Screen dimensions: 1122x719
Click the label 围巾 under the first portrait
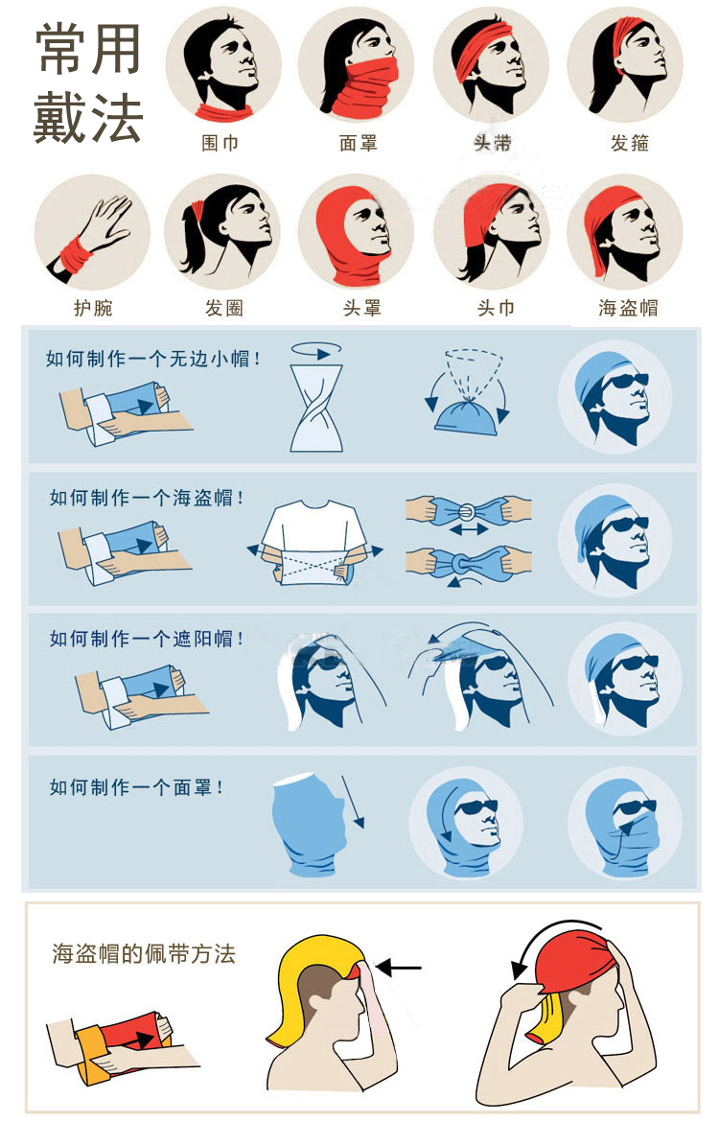click(x=220, y=143)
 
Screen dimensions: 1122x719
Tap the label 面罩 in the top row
click(x=358, y=143)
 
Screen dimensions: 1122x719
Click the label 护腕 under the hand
click(x=93, y=308)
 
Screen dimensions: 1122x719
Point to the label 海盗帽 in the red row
click(x=628, y=308)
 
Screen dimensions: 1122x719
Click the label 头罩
click(x=361, y=308)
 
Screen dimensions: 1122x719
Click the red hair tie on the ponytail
click(x=198, y=208)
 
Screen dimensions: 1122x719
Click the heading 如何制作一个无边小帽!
click(x=153, y=359)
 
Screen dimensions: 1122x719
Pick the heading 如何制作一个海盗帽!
click(x=147, y=499)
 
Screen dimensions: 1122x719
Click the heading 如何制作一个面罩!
click(x=137, y=787)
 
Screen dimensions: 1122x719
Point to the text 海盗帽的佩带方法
click(x=143, y=954)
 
